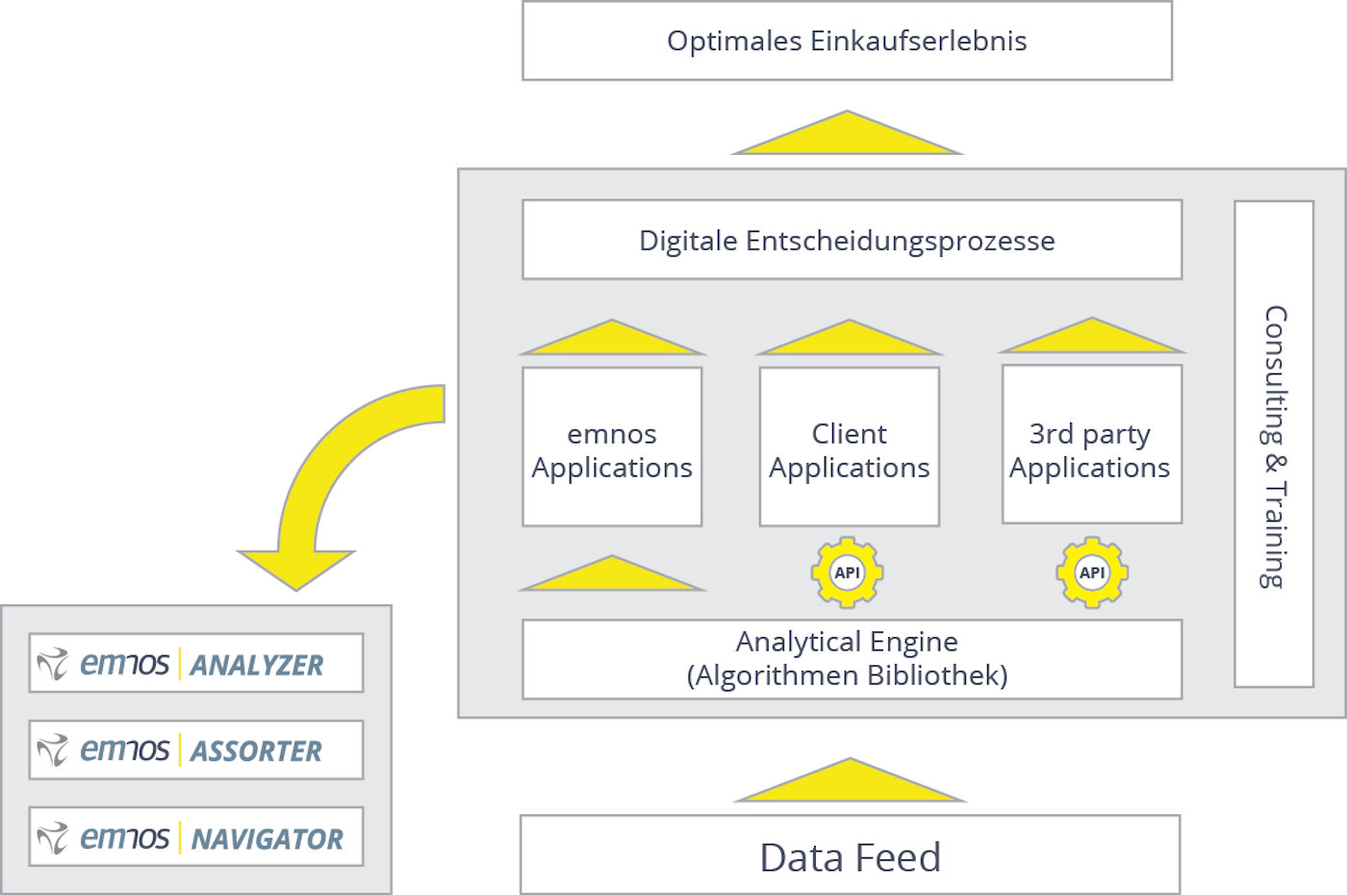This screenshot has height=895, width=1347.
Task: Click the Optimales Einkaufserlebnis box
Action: point(847,40)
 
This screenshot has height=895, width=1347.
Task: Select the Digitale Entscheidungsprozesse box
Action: point(851,240)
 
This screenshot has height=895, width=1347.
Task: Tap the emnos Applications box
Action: point(612,447)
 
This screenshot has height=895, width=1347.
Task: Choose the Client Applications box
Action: point(850,447)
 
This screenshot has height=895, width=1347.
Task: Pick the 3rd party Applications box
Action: point(1091,446)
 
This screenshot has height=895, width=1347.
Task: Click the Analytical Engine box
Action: point(851,658)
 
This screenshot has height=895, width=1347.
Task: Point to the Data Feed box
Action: point(850,856)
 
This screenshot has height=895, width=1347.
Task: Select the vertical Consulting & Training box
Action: point(1274,445)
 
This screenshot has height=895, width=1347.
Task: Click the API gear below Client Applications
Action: point(847,573)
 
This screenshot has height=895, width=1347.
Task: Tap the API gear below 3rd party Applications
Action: point(1092,573)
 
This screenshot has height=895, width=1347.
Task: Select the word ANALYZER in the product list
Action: point(257,665)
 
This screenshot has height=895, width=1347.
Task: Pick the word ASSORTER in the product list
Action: point(256,751)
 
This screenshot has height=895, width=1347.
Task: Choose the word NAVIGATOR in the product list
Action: point(267,839)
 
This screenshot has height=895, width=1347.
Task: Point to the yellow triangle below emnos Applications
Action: point(612,576)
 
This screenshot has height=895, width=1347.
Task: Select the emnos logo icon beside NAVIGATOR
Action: point(52,837)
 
